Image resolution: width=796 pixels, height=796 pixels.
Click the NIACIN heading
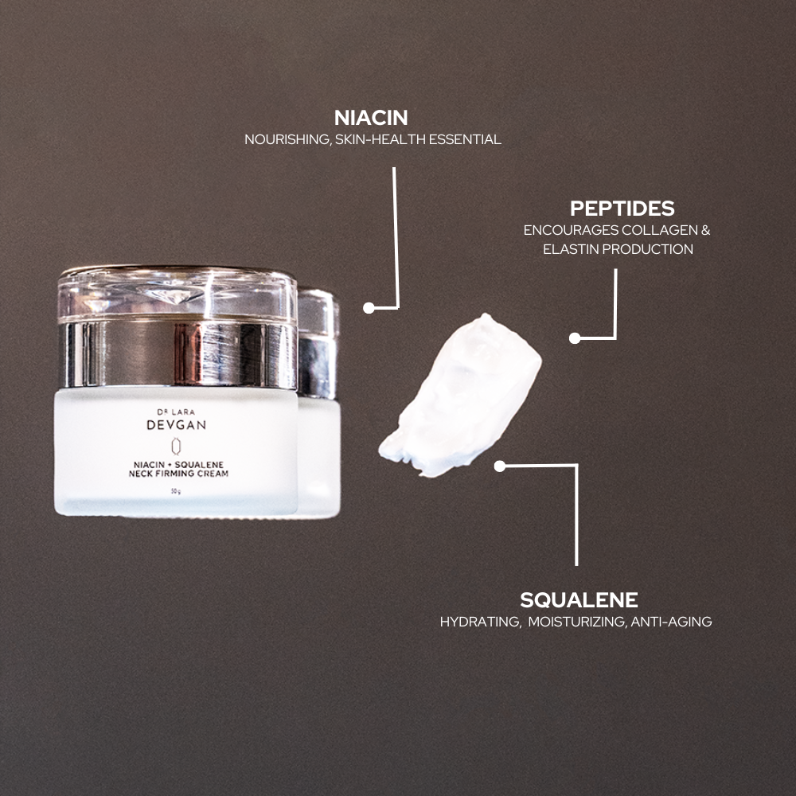pyautogui.click(x=371, y=118)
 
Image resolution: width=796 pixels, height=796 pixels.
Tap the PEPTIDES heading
pyautogui.click(x=622, y=209)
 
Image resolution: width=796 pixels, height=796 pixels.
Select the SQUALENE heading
pyautogui.click(x=579, y=599)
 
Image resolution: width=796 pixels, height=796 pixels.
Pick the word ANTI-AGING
pyautogui.click(x=671, y=621)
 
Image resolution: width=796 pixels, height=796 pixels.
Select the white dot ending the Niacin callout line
pyautogui.click(x=369, y=307)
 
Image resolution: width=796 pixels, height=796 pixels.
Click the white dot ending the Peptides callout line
pyautogui.click(x=575, y=338)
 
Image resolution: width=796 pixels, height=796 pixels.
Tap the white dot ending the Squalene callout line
pyautogui.click(x=499, y=466)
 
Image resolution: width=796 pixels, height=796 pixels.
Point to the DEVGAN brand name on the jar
pyautogui.click(x=176, y=425)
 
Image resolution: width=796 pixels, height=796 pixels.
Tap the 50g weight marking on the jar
pyautogui.click(x=175, y=491)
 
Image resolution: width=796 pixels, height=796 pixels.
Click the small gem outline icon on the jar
pyautogui.click(x=176, y=445)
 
